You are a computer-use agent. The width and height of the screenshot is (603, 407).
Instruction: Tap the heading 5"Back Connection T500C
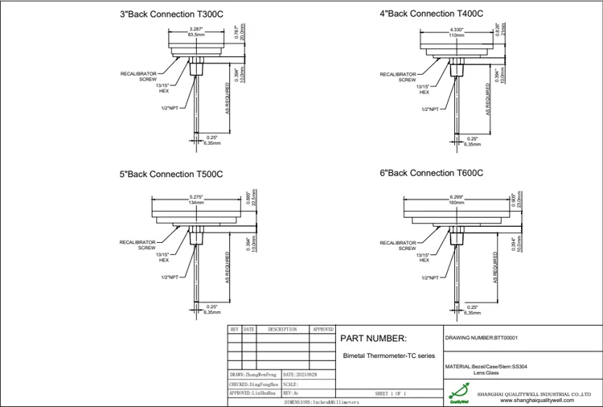[170, 174]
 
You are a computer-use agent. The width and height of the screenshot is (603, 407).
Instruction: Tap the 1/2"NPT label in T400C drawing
[429, 109]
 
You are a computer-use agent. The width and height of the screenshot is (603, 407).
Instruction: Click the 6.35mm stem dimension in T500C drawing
[212, 312]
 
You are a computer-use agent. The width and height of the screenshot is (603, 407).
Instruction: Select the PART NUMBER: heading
[375, 338]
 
